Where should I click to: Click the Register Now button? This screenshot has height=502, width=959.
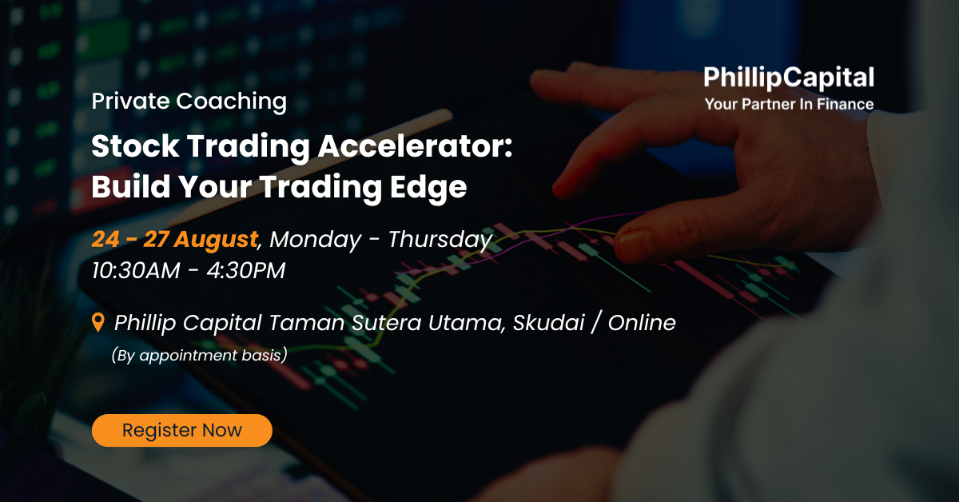(182, 430)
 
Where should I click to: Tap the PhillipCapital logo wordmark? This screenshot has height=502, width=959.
(789, 78)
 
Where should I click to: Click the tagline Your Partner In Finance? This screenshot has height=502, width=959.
(789, 104)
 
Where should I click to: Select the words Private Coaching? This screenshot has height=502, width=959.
(189, 102)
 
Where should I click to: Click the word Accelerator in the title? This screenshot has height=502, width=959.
(415, 146)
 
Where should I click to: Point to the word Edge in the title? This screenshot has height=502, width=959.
(428, 188)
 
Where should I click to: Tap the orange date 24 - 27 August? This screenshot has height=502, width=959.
(175, 239)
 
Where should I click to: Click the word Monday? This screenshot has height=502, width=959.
(315, 240)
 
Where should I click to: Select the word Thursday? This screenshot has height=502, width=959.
(440, 240)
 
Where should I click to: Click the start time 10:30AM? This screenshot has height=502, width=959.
(136, 271)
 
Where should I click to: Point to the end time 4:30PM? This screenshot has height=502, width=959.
(246, 271)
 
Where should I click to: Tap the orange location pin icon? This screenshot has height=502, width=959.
(98, 322)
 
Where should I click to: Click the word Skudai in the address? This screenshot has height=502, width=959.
(549, 322)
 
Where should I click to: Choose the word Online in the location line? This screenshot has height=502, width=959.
(642, 322)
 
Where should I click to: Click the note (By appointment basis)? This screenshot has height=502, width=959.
(199, 356)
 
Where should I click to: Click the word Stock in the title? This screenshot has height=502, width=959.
(135, 146)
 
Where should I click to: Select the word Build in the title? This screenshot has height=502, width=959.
(131, 187)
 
